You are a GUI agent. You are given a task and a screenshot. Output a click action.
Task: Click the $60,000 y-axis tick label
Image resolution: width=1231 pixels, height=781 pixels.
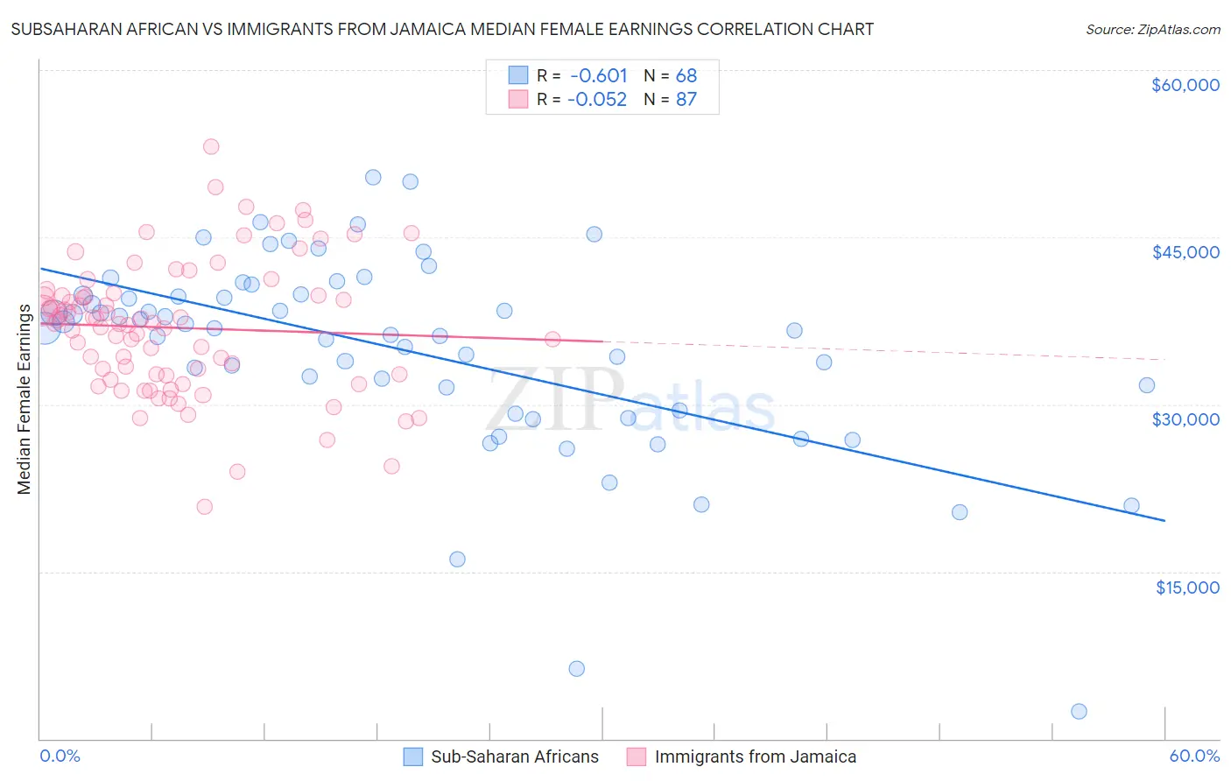coord(1185,85)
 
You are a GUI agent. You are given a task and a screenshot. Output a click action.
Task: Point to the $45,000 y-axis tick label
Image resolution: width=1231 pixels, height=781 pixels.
coord(1185,252)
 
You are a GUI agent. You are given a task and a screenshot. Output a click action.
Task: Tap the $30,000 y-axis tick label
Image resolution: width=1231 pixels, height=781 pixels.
coord(1185,419)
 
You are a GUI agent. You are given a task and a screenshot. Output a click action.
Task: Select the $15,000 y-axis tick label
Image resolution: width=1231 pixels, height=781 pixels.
coord(1186,587)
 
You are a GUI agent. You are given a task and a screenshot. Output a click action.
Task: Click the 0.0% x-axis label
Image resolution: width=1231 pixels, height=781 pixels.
coord(60,756)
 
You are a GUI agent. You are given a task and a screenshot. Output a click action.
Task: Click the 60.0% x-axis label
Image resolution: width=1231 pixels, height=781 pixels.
coord(1193,756)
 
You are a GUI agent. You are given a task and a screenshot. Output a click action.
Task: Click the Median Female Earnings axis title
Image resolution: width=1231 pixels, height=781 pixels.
coord(25,399)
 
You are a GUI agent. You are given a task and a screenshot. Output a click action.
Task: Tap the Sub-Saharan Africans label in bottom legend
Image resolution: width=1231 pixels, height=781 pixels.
coord(515,757)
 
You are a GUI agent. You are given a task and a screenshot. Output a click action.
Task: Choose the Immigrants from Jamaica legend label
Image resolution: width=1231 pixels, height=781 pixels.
coord(755,757)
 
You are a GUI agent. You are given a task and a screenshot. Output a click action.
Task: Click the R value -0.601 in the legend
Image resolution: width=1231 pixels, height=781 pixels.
coord(599,76)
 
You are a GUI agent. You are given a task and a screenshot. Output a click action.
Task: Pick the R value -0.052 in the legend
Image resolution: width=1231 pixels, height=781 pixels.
coord(597,100)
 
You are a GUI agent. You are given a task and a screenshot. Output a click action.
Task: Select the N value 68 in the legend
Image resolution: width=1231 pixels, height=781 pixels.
coord(686,76)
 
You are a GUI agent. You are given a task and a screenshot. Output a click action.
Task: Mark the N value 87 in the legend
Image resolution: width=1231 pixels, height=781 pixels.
coord(686,100)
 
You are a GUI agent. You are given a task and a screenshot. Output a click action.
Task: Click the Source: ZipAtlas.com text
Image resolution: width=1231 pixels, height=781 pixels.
coord(1152,30)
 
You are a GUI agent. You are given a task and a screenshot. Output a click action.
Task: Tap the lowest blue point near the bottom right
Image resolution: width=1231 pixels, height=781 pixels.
coord(1079,712)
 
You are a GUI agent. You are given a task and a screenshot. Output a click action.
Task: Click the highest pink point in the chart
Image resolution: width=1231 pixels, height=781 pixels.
coord(211,147)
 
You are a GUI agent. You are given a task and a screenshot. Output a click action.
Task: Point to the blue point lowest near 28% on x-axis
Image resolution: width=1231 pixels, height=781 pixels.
coord(576,669)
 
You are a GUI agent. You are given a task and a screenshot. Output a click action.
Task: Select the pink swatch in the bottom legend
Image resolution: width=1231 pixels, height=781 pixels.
coord(637,757)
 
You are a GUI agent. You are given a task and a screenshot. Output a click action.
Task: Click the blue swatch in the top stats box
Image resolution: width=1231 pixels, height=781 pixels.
coord(518,76)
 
